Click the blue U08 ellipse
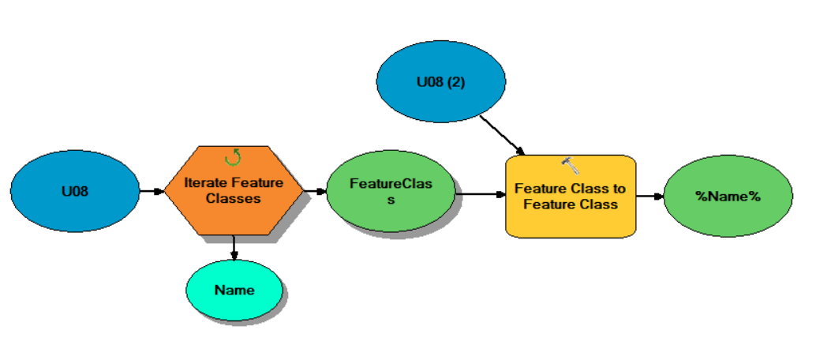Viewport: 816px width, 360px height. click(75, 190)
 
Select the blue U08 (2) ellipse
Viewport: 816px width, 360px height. click(440, 81)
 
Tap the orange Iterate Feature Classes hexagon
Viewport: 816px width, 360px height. click(233, 190)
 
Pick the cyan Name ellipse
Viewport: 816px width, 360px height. click(234, 290)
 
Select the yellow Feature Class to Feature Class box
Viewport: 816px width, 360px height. click(570, 196)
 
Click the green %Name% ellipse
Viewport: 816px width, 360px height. click(728, 196)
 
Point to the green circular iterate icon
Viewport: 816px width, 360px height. click(233, 158)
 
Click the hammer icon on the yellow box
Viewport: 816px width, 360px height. click(570, 165)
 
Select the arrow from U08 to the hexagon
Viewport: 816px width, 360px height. click(152, 190)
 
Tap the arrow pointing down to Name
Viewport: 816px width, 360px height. click(234, 247)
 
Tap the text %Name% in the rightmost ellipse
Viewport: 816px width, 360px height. click(728, 196)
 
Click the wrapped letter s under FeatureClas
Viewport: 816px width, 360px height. click(390, 201)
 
